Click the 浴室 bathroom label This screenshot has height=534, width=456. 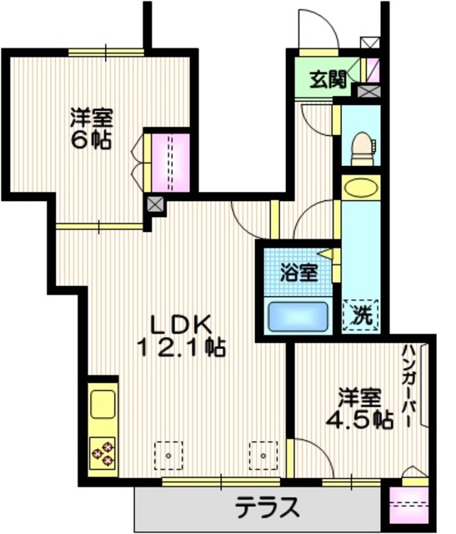click(298, 272)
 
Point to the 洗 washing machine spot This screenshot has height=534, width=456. click(360, 315)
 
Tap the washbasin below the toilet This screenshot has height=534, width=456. click(360, 188)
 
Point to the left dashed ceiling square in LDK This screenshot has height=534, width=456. click(168, 456)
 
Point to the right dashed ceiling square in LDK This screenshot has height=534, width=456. click(263, 456)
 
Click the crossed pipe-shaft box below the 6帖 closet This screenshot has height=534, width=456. click(154, 203)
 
